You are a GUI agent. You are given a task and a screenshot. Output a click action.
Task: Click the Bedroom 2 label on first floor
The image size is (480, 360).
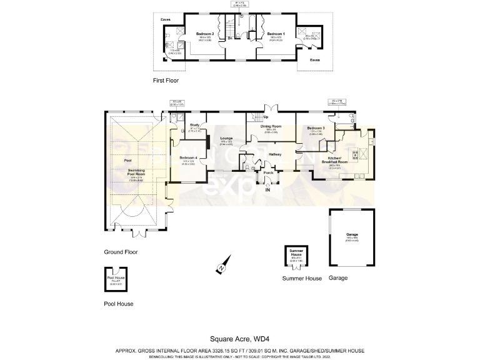(205, 33)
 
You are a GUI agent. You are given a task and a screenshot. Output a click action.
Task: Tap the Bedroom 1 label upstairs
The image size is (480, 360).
(276, 33)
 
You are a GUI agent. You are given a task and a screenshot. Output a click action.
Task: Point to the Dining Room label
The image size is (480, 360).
(271, 126)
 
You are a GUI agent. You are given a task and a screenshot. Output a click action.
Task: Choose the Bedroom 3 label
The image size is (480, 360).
(316, 127)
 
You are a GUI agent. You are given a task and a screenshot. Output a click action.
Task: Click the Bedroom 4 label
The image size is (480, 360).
(188, 157)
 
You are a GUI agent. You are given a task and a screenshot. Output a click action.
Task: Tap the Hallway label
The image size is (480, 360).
(275, 154)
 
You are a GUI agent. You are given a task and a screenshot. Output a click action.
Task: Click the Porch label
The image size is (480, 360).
(268, 172)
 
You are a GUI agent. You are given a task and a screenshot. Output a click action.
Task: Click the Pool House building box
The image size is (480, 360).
(116, 279)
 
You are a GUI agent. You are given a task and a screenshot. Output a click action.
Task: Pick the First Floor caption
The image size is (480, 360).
(167, 81)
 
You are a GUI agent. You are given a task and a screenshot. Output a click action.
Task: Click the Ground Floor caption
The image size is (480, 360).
(121, 252)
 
